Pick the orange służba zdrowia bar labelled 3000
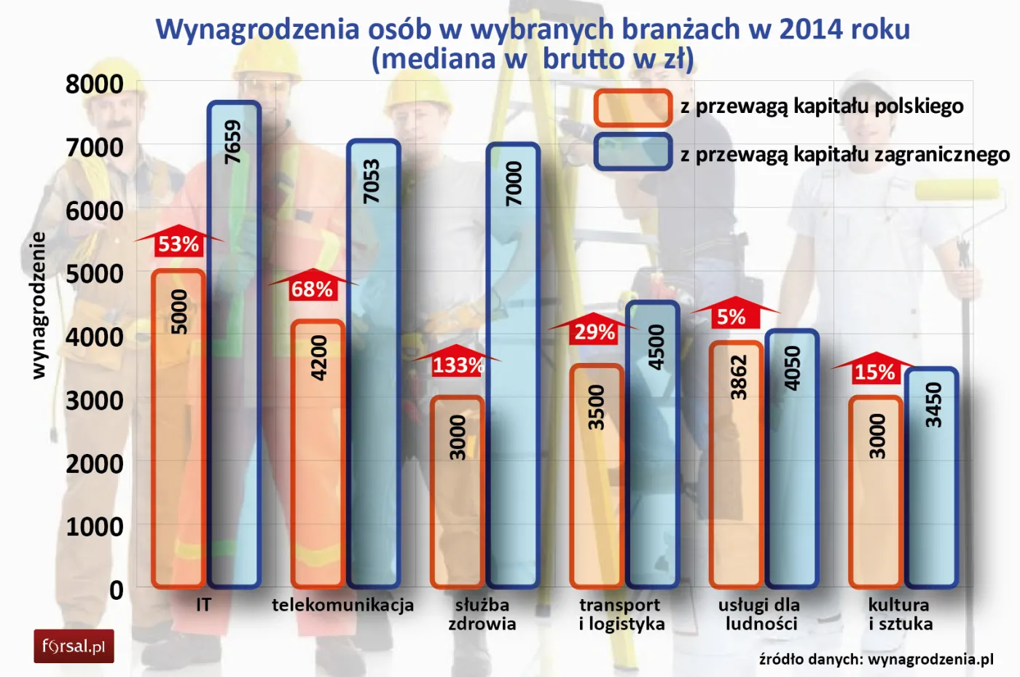[x=457, y=492]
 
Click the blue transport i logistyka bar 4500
[x=652, y=444]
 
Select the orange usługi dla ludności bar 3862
[x=736, y=464]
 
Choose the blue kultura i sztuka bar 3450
[x=931, y=477]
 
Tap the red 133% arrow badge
[x=457, y=363]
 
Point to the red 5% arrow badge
[x=733, y=315]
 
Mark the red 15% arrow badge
[x=874, y=370]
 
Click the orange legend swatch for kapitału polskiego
[x=632, y=108]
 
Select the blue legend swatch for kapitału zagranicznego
[x=632, y=152]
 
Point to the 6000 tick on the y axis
[x=95, y=211]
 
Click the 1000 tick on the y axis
[x=95, y=526]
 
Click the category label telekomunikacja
[x=342, y=605]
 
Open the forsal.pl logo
[x=74, y=646]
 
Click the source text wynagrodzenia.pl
[x=930, y=660]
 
